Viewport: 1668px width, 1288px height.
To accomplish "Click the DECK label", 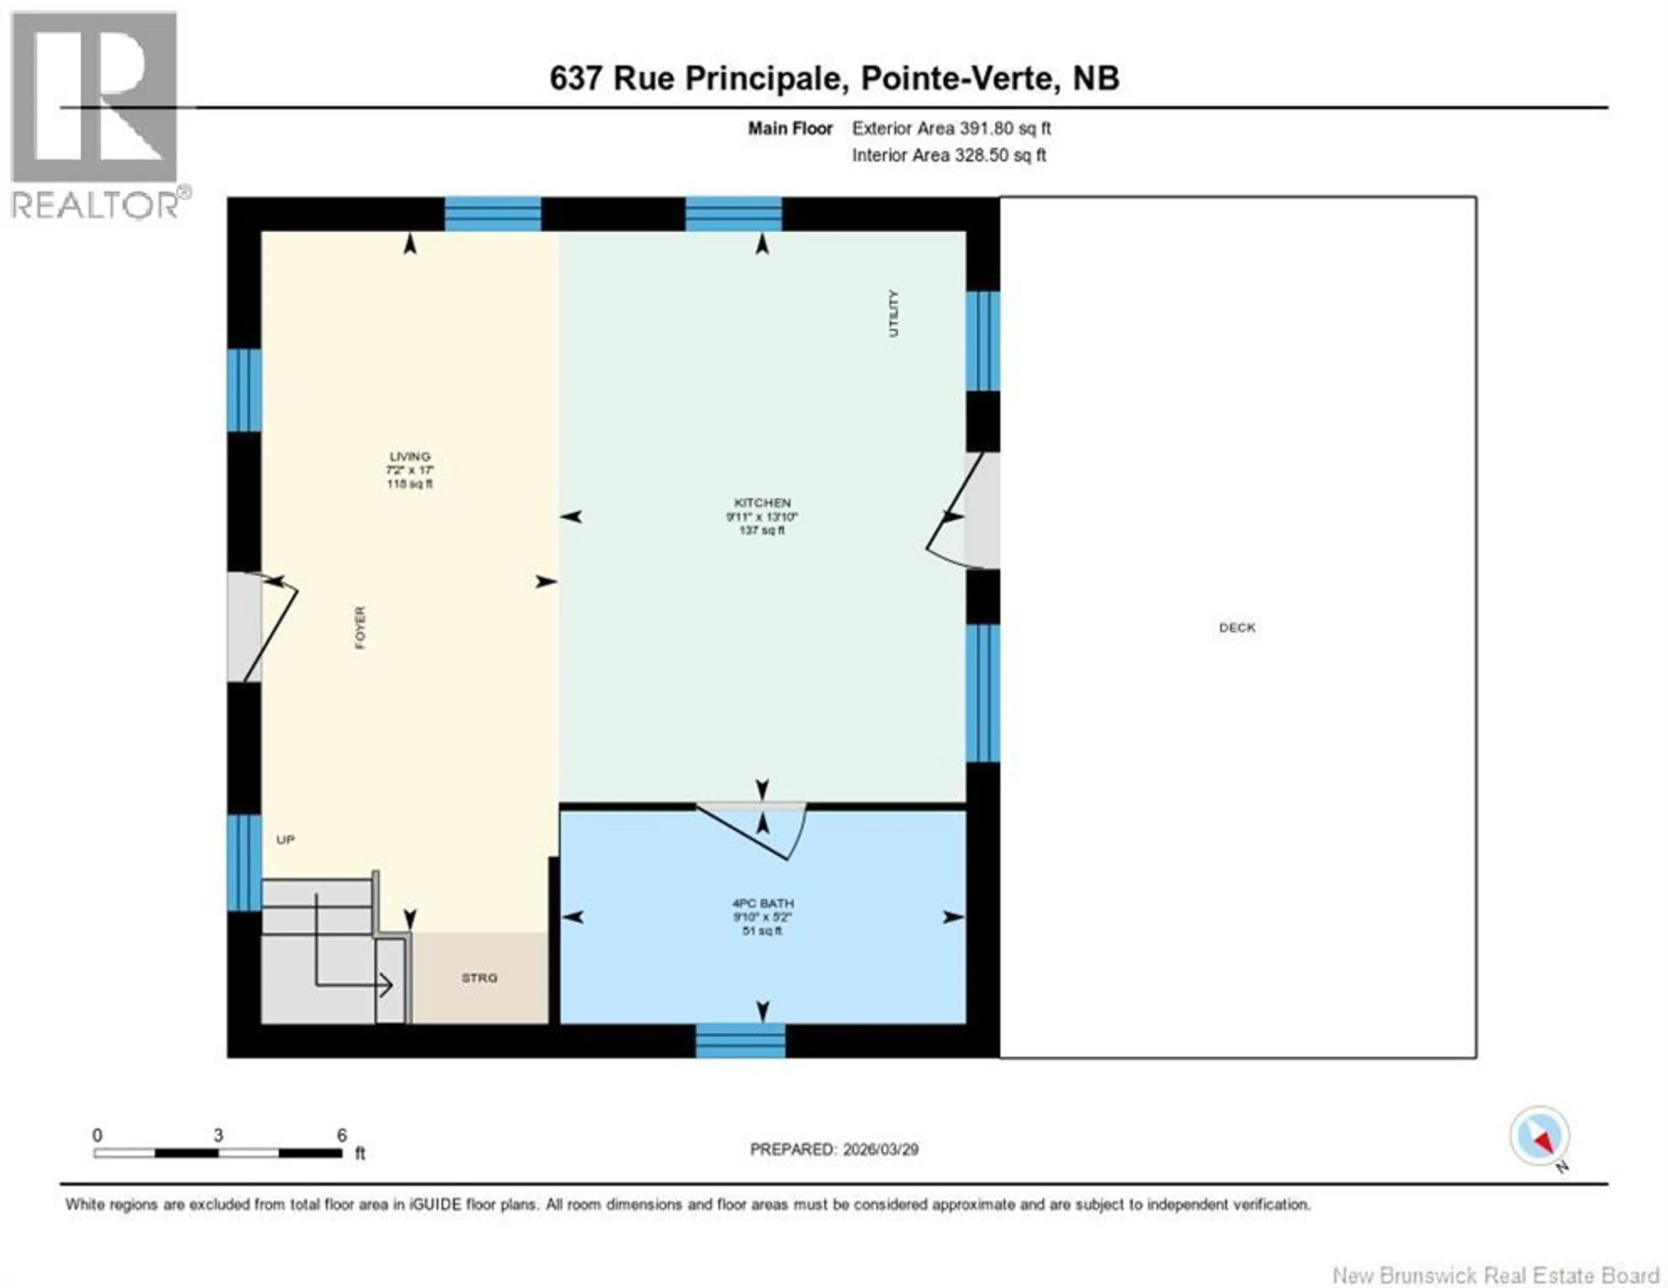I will coord(1237,628).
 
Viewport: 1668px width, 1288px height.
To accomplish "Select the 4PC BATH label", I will coord(762,903).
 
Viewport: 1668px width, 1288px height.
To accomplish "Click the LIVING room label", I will coord(409,457).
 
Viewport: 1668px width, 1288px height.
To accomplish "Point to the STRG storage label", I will coord(479,978).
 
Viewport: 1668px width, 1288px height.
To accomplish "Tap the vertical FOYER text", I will coord(360,628).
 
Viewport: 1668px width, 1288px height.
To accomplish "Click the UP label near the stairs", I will coord(285,840).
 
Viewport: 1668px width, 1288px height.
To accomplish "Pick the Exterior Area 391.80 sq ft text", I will coord(951,128).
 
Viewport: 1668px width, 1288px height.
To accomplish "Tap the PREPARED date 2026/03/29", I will coord(834,1149).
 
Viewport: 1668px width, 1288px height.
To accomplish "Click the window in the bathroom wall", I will coord(740,1041).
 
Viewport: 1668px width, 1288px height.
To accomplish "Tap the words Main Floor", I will coord(790,128).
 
